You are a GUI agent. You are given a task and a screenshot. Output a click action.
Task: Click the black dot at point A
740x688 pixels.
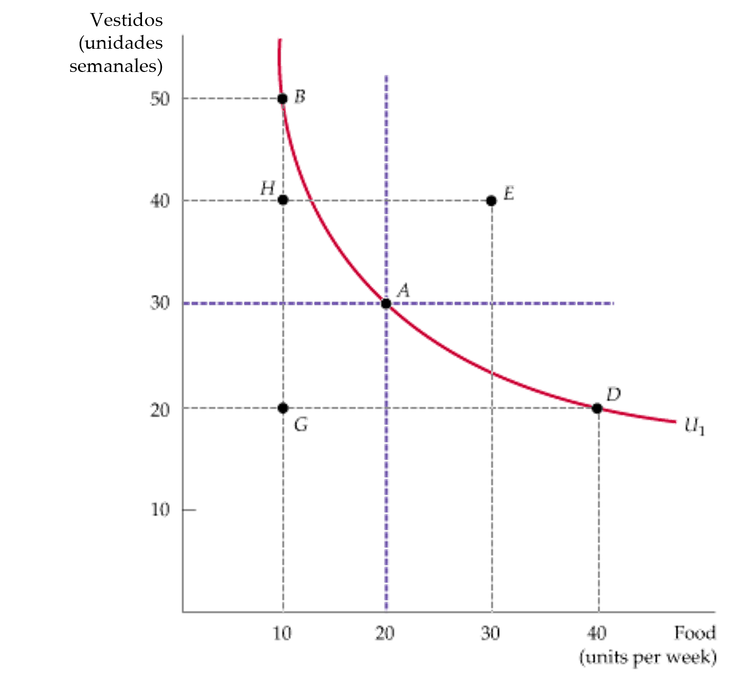(386, 304)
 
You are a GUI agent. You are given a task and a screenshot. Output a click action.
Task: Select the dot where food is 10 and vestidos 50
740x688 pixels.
(282, 98)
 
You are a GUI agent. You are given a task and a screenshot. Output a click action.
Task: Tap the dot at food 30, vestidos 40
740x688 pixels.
(491, 201)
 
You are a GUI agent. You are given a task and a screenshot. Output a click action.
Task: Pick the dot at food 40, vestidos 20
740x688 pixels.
(597, 409)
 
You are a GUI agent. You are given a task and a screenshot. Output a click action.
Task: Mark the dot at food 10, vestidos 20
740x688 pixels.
(283, 408)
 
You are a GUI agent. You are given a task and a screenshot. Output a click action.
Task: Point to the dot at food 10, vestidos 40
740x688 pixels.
(283, 201)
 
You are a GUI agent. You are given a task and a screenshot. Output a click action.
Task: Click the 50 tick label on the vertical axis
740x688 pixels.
(160, 99)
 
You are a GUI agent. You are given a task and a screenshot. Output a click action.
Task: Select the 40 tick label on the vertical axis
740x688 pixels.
(160, 201)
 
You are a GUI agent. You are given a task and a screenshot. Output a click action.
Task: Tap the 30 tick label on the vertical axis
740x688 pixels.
(160, 304)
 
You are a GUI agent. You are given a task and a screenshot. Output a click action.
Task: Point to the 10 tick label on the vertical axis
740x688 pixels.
(160, 510)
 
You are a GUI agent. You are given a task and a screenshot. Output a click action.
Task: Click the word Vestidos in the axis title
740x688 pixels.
(126, 20)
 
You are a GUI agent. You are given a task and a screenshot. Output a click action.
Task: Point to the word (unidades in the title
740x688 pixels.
(121, 43)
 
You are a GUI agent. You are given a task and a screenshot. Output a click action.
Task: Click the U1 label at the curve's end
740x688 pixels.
(695, 427)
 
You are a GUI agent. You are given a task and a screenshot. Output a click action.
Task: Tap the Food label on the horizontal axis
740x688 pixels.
(695, 632)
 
